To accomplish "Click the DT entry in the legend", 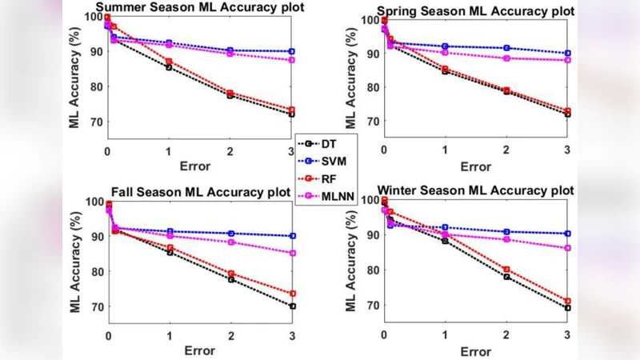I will (324, 144).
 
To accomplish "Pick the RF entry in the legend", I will (324, 178).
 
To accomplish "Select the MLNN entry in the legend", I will (329, 196).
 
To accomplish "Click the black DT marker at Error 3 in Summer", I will (292, 114).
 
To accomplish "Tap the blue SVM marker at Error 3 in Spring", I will (568, 54).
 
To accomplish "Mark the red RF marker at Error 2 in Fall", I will (230, 274).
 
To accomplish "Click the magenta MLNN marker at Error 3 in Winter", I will (568, 248).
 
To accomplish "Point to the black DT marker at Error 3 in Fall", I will (293, 306).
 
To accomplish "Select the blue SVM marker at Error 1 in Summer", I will (169, 43).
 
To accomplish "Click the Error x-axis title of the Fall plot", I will (200, 350).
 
